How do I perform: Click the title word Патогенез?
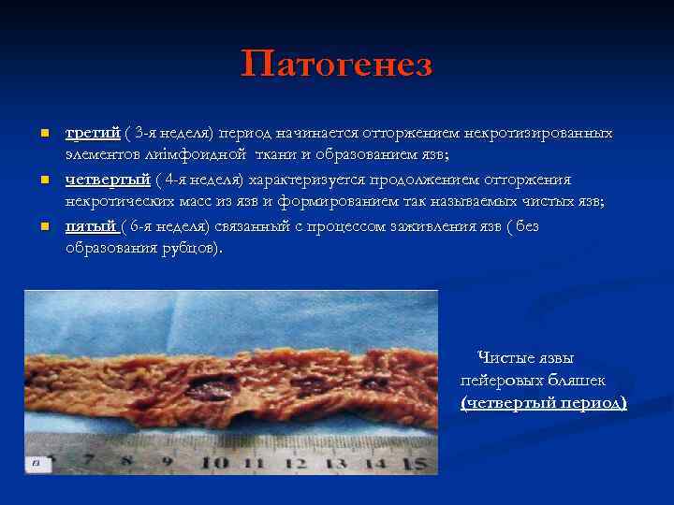[337, 65]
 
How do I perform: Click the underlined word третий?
[93, 133]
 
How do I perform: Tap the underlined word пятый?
[90, 226]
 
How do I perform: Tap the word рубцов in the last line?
[192, 247]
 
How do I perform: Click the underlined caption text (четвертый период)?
[543, 402]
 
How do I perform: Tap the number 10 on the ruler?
[213, 462]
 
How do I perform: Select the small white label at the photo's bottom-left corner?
[35, 463]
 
